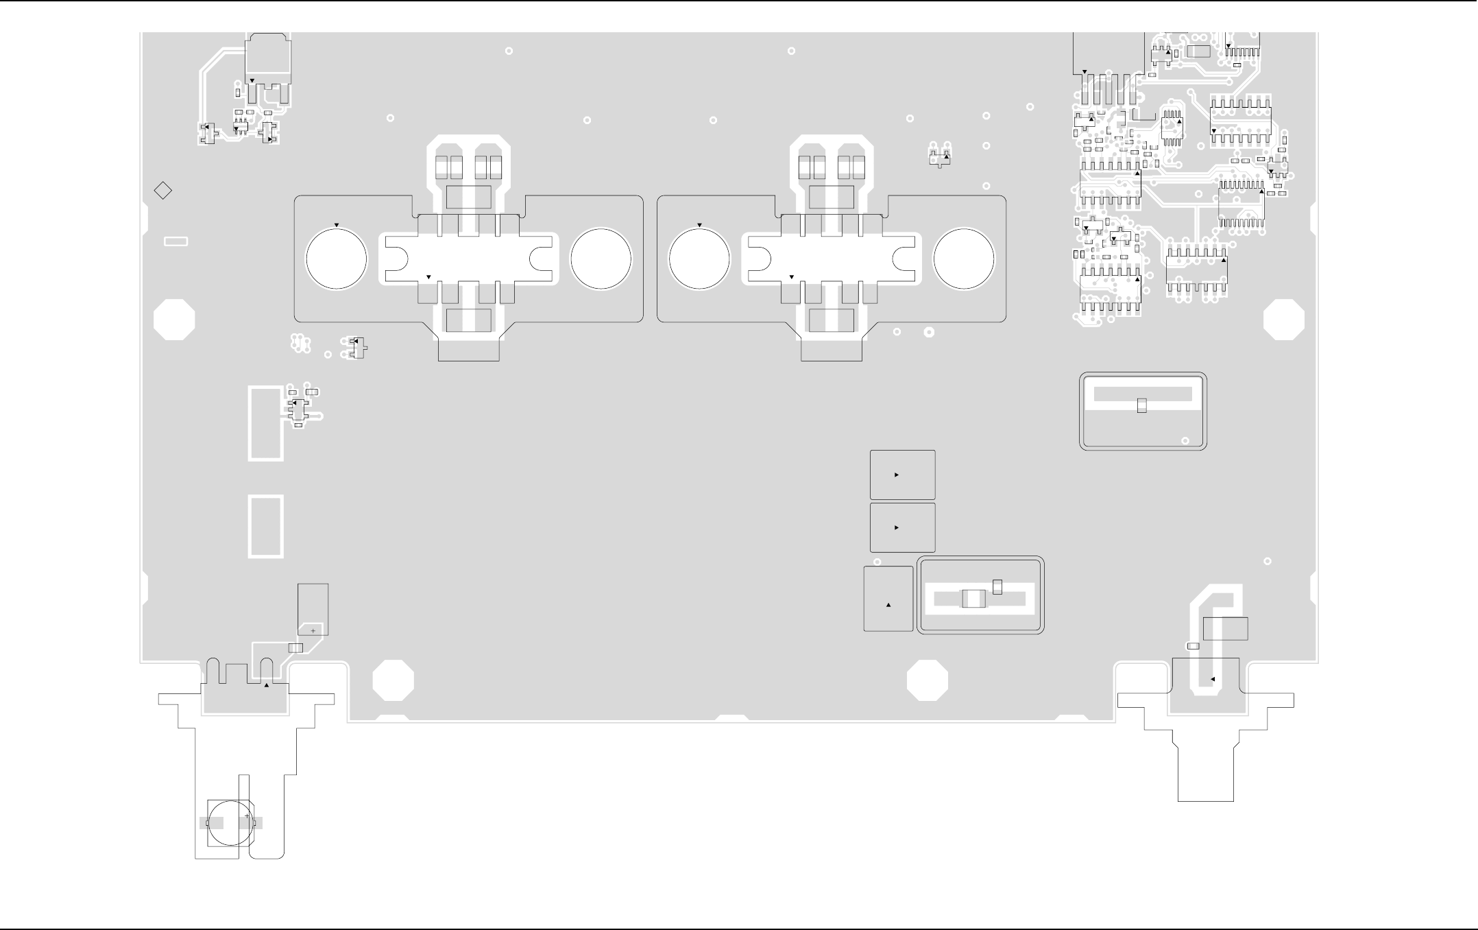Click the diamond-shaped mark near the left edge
162,191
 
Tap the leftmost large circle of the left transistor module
336,259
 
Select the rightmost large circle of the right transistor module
964,259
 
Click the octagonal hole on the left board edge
174,320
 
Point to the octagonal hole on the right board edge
1283,320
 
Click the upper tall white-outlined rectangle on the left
266,423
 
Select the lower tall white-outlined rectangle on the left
266,527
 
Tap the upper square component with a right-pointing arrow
902,475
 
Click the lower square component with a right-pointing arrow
902,527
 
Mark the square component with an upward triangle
888,599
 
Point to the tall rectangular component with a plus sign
313,610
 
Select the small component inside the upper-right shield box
1141,405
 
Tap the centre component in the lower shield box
973,599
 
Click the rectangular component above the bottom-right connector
1225,629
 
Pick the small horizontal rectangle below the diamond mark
176,241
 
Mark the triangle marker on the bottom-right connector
1213,679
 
